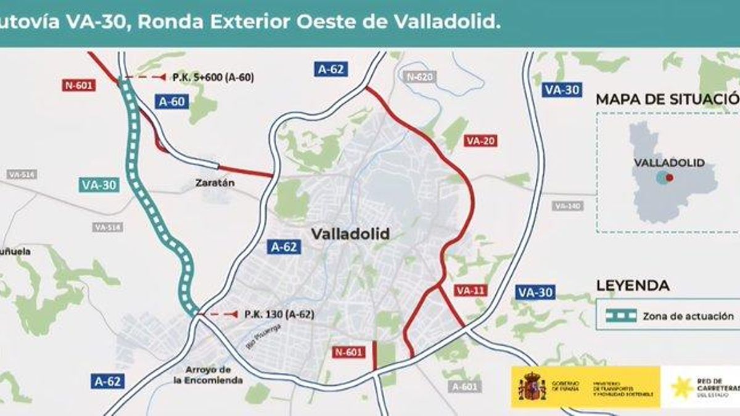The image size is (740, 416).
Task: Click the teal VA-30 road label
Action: [98, 185]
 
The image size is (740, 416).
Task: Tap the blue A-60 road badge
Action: [172, 102]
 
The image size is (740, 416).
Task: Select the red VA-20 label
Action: [481, 141]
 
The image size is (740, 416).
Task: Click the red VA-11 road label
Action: [471, 290]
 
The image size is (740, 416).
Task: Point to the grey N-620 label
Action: [420, 77]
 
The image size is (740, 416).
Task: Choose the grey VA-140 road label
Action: [568, 206]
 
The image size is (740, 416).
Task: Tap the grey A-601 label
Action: [464, 386]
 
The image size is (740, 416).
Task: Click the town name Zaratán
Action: [215, 183]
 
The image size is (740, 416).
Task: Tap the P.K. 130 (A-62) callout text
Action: [279, 314]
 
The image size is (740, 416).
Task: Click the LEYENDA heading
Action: [632, 285]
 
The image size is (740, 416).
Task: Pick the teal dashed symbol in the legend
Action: [620, 316]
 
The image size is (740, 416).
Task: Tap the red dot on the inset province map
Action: [669, 177]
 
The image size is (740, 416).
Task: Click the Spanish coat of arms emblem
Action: [532, 387]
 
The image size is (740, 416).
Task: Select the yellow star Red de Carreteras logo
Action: [681, 387]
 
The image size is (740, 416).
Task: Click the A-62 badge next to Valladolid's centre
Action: [284, 247]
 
